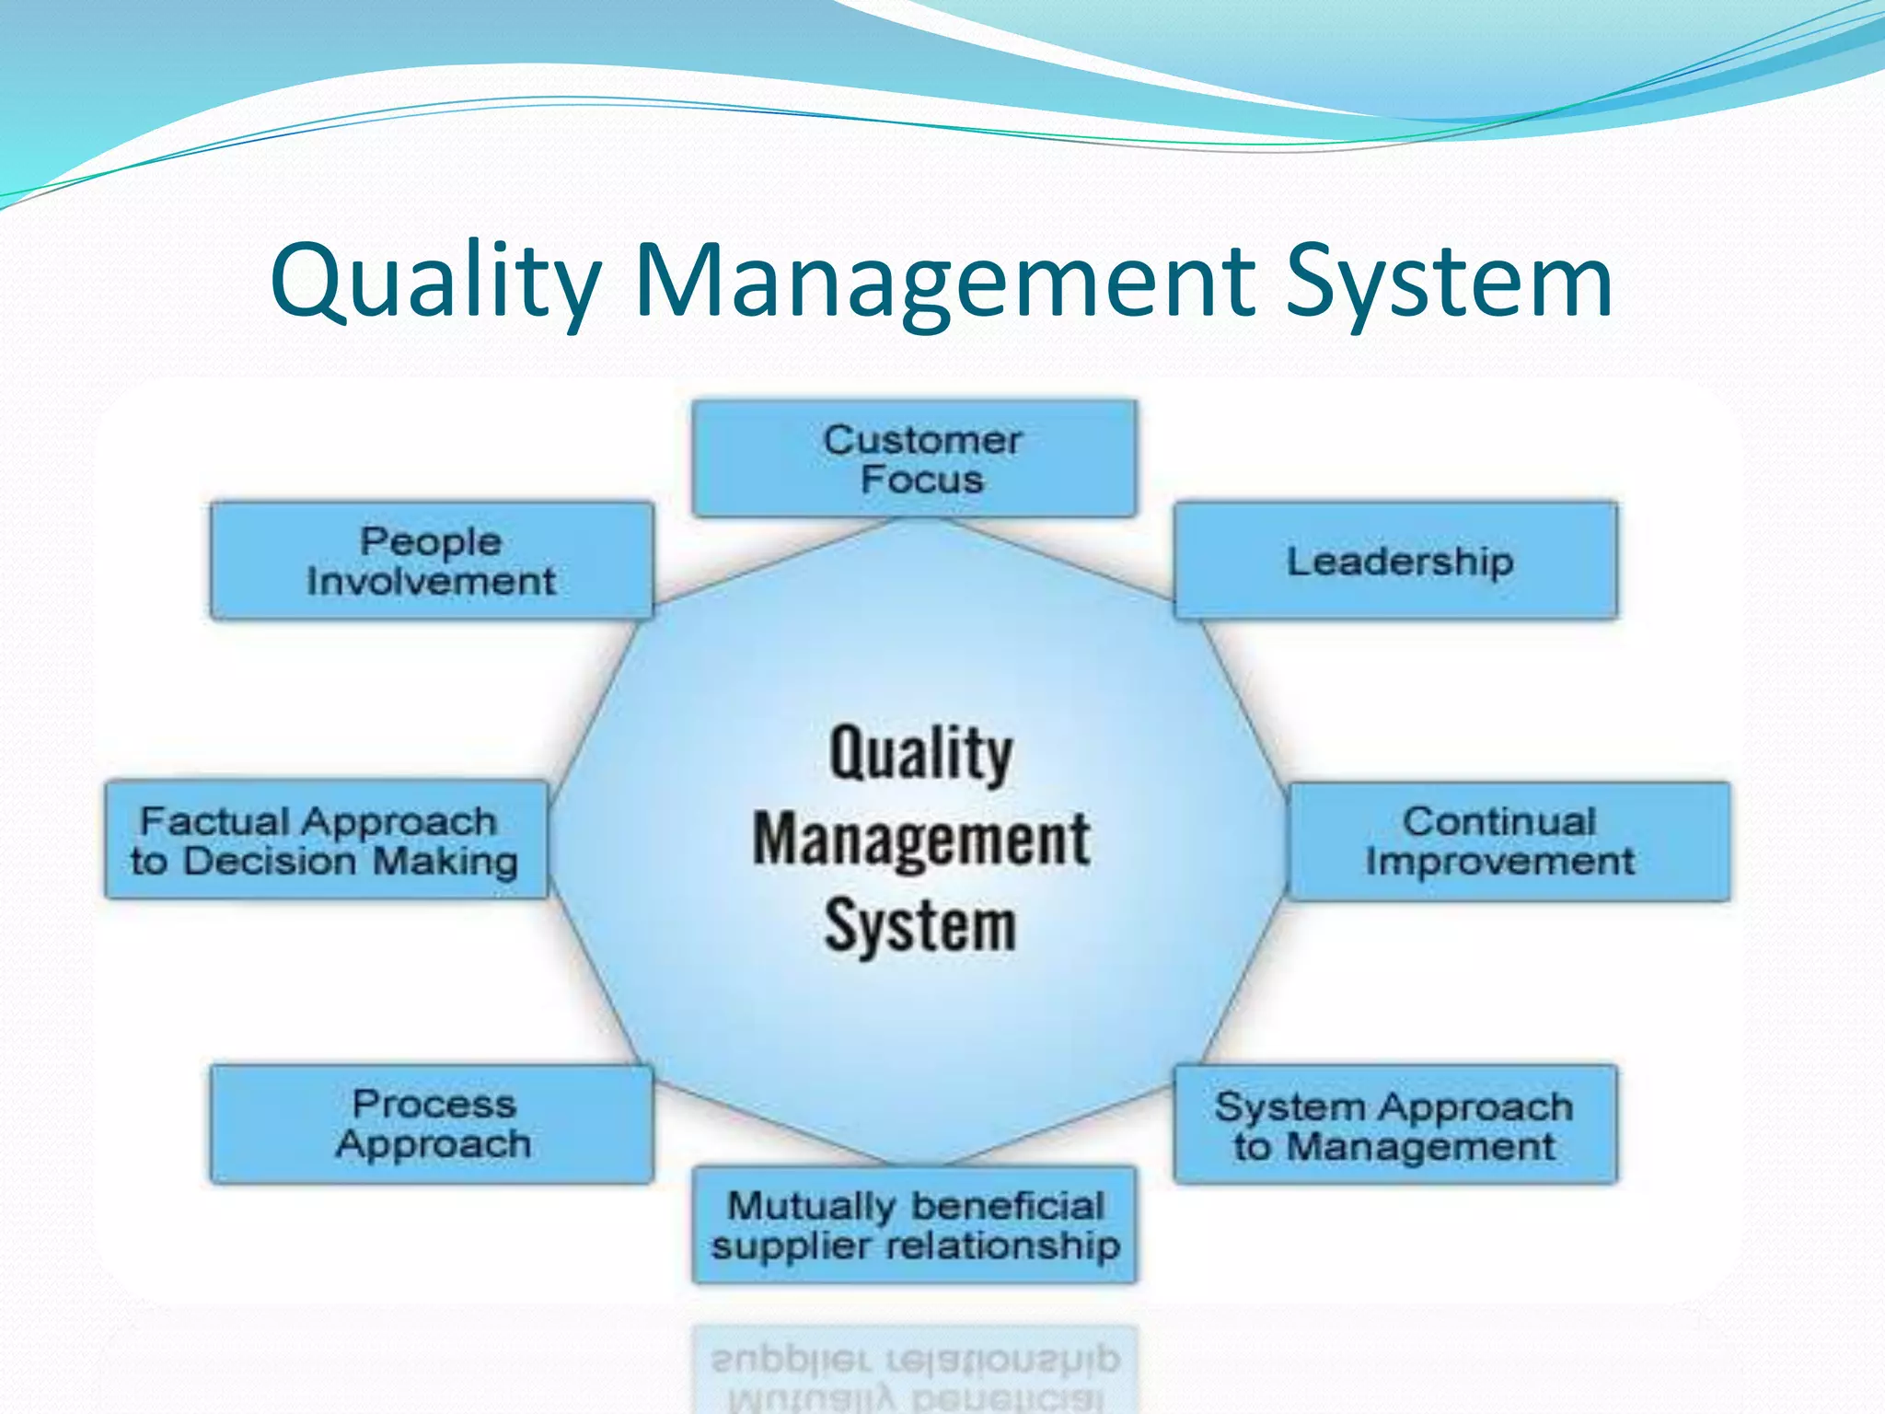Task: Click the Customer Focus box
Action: click(914, 458)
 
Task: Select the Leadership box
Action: click(1395, 561)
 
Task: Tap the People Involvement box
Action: click(432, 561)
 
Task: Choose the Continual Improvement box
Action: click(1508, 841)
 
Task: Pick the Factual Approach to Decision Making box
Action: click(326, 840)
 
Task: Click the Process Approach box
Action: click(432, 1124)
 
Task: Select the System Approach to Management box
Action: click(1395, 1124)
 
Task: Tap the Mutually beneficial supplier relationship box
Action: click(914, 1225)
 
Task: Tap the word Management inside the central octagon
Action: click(921, 840)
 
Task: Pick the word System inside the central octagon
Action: click(920, 925)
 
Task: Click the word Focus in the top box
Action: click(921, 480)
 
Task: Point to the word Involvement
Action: click(431, 581)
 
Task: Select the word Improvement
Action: click(1500, 862)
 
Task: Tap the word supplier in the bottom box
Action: click(791, 1246)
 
